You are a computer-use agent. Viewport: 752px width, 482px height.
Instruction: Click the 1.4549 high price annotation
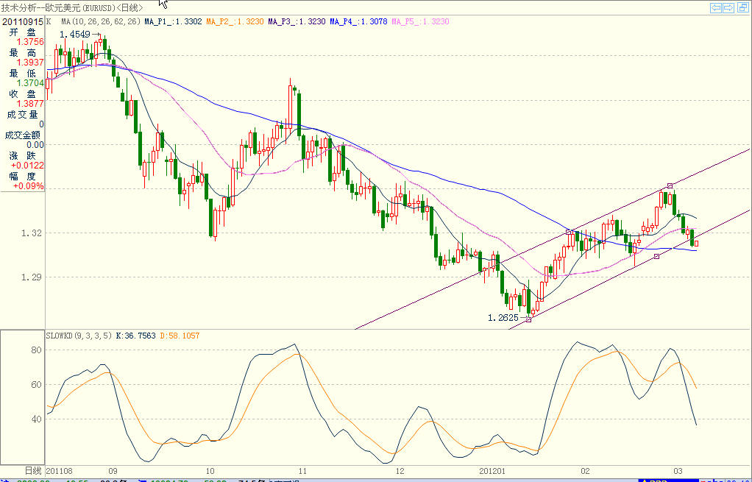(74, 35)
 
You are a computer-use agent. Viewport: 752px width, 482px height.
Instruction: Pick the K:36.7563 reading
(138, 336)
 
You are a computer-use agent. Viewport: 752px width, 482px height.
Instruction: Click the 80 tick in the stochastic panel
(35, 350)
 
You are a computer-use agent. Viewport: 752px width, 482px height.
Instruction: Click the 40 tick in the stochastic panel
(35, 419)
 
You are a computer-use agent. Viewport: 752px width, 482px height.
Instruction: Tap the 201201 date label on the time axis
(493, 470)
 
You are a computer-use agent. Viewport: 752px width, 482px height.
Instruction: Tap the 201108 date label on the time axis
(59, 470)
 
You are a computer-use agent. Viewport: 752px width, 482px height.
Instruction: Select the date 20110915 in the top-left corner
(22, 22)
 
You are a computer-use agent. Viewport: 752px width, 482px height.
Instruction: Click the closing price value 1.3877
(29, 104)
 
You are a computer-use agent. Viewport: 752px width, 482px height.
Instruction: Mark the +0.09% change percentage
(29, 186)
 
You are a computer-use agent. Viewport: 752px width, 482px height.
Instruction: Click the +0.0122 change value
(28, 166)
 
